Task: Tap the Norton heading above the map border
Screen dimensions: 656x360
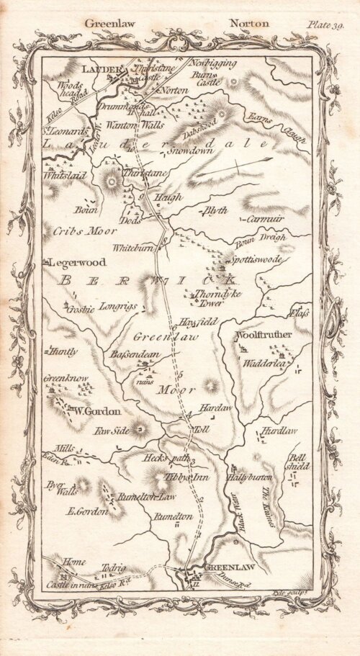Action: tap(248, 23)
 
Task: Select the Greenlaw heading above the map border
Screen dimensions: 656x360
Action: tap(110, 23)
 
